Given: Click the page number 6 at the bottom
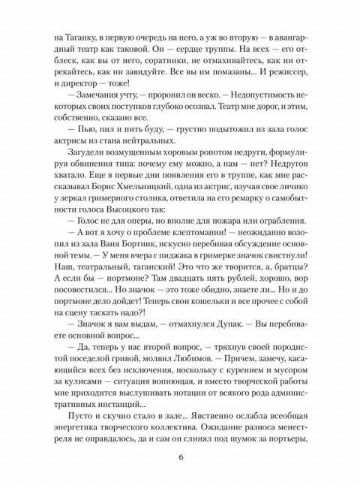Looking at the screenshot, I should tap(180, 459).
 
